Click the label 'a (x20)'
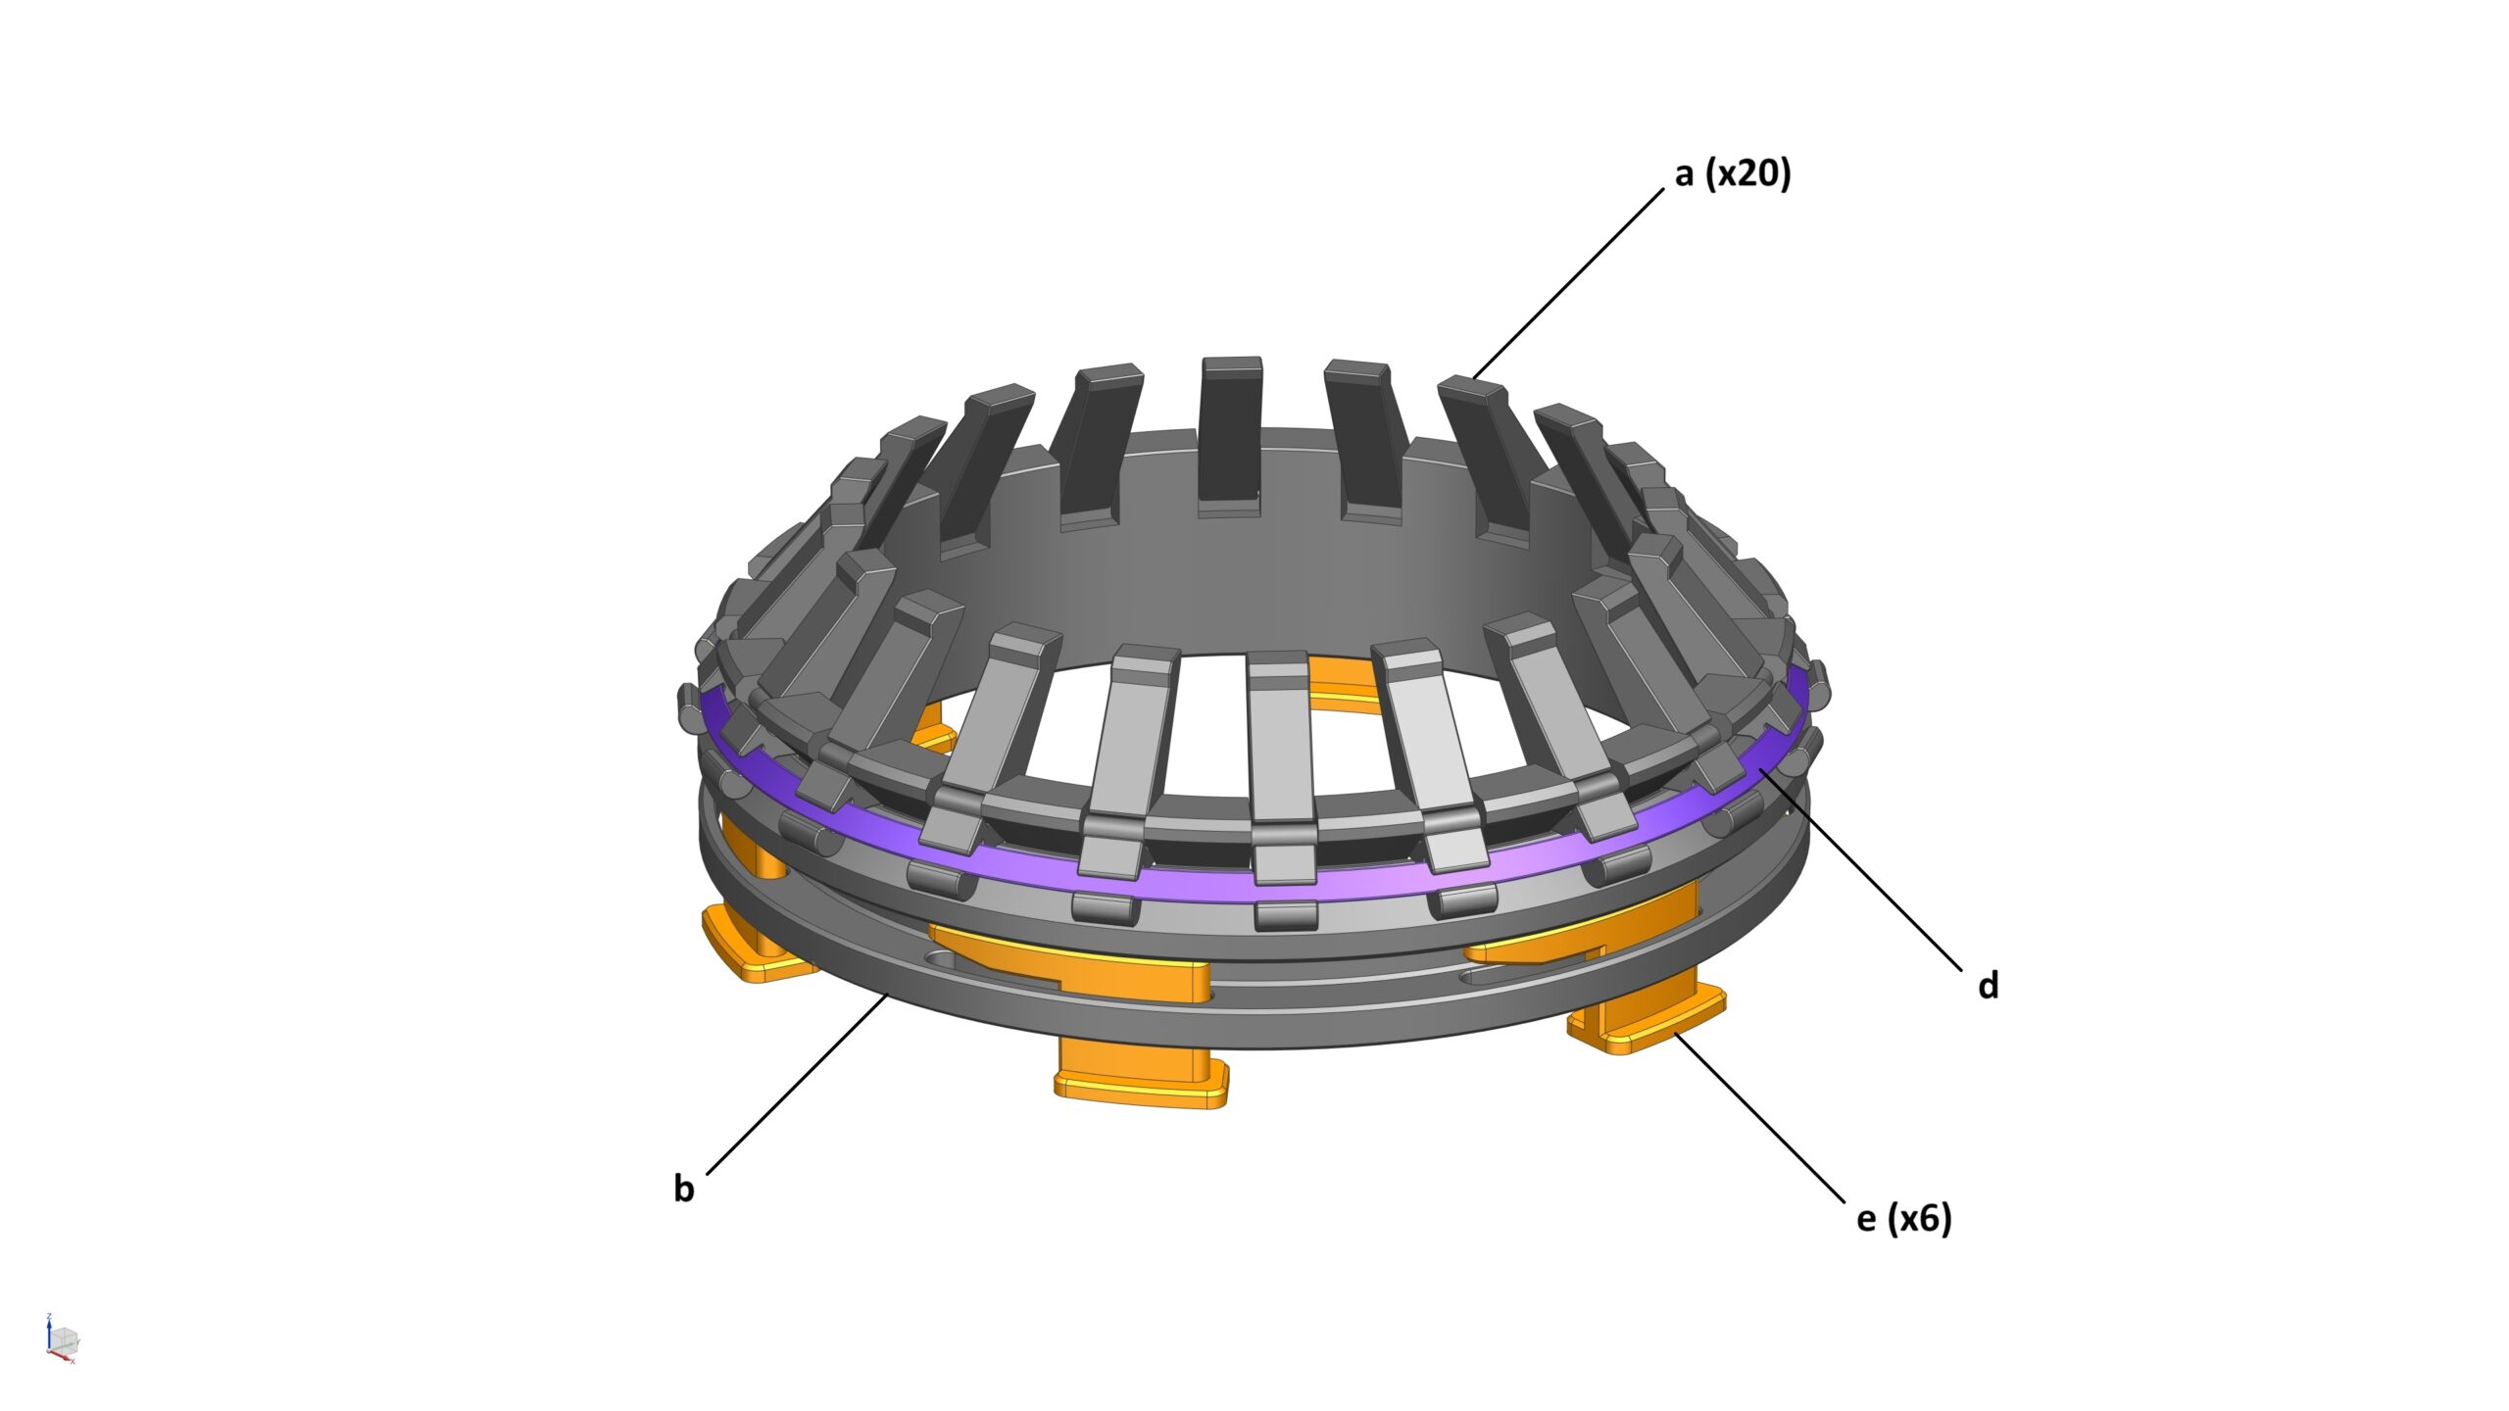click(x=1732, y=174)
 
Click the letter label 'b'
click(x=683, y=1189)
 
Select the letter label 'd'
click(x=1988, y=986)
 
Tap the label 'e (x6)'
click(x=1903, y=1218)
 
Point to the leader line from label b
click(x=796, y=1084)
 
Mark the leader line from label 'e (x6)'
click(x=1759, y=1119)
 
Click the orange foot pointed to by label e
click(x=1647, y=1024)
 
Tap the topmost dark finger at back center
click(x=1230, y=431)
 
